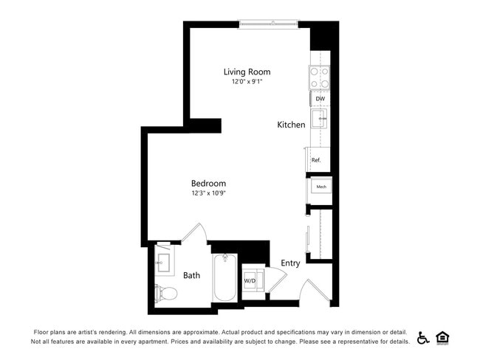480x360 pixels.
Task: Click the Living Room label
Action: (x=247, y=72)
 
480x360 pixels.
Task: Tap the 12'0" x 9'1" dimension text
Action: (x=247, y=82)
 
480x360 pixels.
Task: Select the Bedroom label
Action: (x=208, y=183)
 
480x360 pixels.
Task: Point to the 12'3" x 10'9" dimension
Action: (x=208, y=193)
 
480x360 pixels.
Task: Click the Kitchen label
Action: (x=291, y=125)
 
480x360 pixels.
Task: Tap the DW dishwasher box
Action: (x=320, y=98)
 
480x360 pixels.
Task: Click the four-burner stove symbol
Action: (x=319, y=77)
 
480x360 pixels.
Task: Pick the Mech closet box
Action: (x=321, y=187)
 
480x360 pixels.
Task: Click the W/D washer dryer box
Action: (x=250, y=281)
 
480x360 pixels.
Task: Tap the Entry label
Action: (x=290, y=263)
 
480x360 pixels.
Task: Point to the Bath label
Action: (x=192, y=275)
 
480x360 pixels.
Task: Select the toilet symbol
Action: (x=165, y=293)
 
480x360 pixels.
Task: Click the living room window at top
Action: (x=269, y=24)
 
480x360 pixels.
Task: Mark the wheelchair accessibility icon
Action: (x=423, y=338)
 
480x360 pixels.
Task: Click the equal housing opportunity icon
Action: (x=443, y=338)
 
